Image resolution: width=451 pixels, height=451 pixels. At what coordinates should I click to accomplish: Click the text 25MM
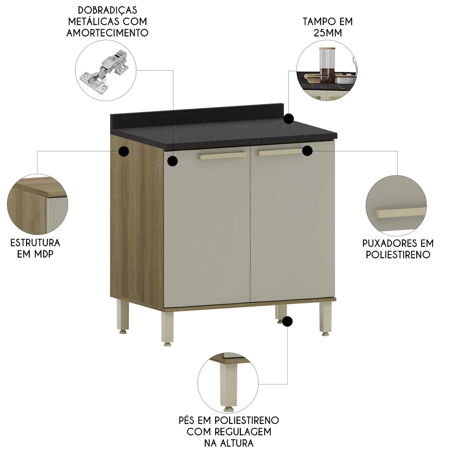[x=328, y=33]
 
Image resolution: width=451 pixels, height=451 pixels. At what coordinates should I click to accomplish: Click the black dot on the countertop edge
[x=289, y=119]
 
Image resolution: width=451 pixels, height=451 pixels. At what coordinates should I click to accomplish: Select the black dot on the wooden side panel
[x=123, y=152]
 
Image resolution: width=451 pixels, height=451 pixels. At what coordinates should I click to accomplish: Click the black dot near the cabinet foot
[x=288, y=322]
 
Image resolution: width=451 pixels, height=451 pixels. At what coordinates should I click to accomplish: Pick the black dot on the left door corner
[x=173, y=161]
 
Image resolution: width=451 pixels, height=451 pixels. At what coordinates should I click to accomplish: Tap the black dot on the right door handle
[x=308, y=151]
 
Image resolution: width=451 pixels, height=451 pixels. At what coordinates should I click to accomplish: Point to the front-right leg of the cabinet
[x=326, y=318]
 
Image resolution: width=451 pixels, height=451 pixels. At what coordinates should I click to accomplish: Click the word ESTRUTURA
[x=35, y=243]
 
